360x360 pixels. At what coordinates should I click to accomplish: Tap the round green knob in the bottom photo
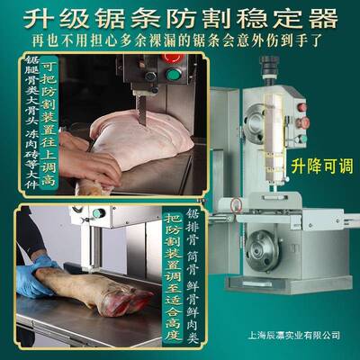[x=99, y=213]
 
